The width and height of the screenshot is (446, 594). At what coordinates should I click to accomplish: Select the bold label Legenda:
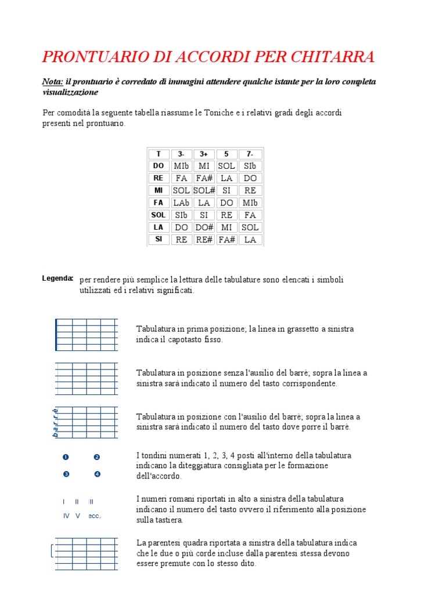tap(57, 278)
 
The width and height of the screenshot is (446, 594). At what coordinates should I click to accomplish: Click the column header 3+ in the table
tap(204, 154)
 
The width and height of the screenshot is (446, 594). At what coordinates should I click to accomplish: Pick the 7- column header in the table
tap(250, 154)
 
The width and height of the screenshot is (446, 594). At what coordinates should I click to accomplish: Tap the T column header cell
tap(159, 154)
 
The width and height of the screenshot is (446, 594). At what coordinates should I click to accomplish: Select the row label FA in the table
tap(159, 202)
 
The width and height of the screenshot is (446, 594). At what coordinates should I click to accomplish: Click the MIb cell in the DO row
tap(181, 166)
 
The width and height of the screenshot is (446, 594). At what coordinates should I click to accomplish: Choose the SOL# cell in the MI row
tap(204, 190)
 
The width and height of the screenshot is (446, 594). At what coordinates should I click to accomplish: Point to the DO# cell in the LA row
tap(204, 227)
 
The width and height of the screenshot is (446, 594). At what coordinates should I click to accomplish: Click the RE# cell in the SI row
tap(204, 240)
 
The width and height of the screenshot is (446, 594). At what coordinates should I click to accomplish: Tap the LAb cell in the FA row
tap(181, 202)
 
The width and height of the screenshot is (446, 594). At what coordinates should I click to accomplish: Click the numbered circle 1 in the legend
tap(66, 457)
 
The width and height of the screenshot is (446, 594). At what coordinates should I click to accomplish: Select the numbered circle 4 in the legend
tap(97, 474)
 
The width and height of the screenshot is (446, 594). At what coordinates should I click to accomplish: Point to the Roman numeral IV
tap(66, 516)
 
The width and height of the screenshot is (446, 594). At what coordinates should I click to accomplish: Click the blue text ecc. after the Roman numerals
tap(95, 516)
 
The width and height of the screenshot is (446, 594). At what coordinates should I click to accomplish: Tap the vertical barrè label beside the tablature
tap(55, 422)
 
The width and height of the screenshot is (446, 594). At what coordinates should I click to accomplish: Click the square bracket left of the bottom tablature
tap(52, 551)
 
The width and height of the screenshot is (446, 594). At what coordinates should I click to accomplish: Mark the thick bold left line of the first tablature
tap(56, 335)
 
